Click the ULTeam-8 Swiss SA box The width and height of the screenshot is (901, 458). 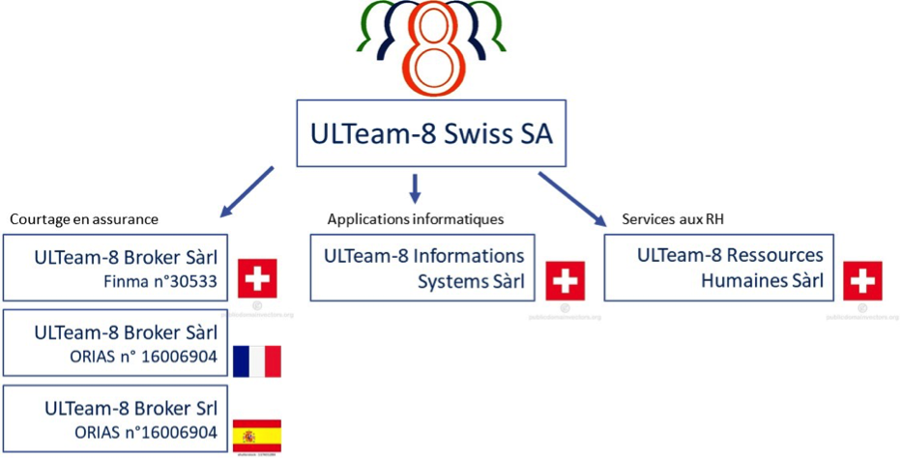click(429, 133)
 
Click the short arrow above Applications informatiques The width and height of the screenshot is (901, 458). click(415, 187)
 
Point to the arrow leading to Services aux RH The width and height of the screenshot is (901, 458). click(571, 198)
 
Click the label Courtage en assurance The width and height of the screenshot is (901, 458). click(84, 219)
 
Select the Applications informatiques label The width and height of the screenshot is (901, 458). click(416, 219)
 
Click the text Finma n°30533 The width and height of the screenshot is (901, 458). click(159, 282)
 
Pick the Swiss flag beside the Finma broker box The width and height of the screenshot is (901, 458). click(257, 278)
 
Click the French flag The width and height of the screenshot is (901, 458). click(257, 360)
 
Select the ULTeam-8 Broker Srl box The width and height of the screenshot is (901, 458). click(116, 419)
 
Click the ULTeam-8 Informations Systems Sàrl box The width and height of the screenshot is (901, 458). click(422, 268)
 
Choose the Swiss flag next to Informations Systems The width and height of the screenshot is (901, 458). click(565, 280)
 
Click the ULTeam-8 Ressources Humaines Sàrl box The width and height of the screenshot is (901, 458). click(718, 268)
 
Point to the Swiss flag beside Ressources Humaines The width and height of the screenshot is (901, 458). click(862, 280)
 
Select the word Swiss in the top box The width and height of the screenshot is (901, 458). click(477, 132)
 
